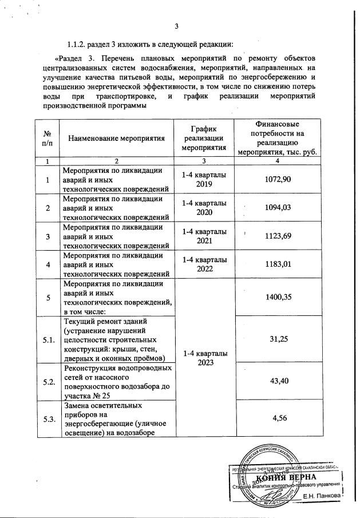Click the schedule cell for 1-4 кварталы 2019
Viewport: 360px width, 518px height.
(203, 180)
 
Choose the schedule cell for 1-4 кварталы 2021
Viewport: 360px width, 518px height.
(203, 236)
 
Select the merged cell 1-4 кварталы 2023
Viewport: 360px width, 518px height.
(203, 358)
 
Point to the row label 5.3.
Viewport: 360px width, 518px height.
(49, 419)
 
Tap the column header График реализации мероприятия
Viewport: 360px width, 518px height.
(203, 138)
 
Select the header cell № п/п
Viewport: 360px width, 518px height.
(49, 138)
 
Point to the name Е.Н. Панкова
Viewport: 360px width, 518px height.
(322, 495)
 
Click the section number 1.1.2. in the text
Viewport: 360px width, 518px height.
(78, 44)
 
